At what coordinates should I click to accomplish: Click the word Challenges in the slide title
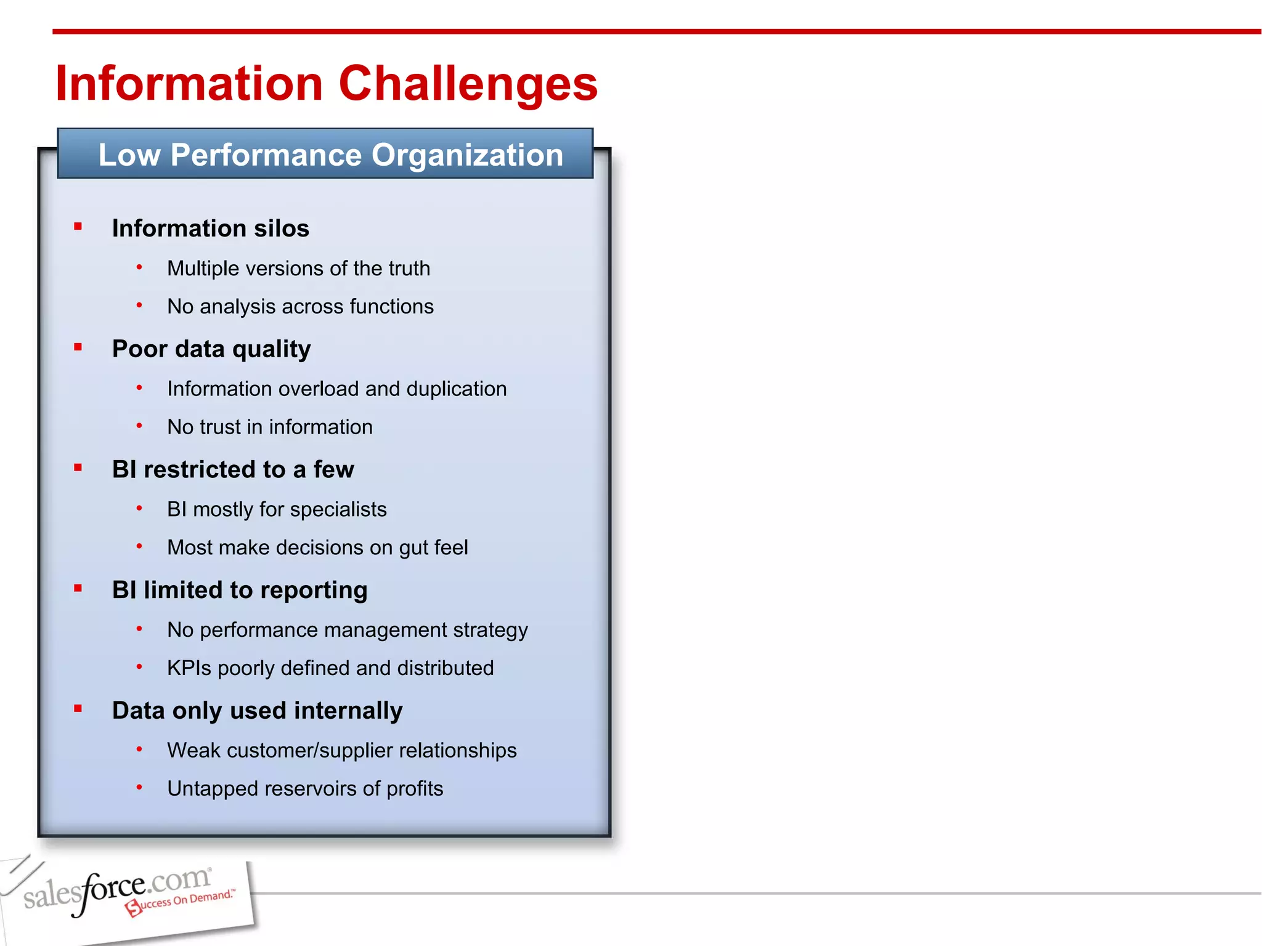[x=468, y=84]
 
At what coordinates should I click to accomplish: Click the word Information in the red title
[x=189, y=84]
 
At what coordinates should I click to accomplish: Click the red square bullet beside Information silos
[x=78, y=227]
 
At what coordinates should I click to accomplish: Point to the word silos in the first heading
[x=282, y=228]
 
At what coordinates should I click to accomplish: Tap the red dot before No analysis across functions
[x=139, y=305]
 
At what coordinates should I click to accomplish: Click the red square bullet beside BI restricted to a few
[x=78, y=468]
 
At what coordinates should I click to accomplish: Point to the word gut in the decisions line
[x=412, y=549]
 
